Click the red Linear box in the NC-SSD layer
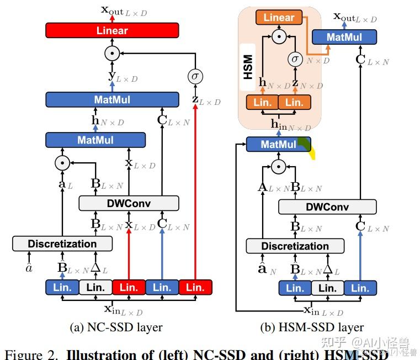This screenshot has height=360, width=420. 112,30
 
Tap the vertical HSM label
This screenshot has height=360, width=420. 248,66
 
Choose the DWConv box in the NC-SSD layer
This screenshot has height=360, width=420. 129,203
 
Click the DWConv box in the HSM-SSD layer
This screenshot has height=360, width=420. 327,207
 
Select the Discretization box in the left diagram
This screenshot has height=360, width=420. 62,243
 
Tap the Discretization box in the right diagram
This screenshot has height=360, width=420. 295,246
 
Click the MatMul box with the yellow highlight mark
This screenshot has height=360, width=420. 278,145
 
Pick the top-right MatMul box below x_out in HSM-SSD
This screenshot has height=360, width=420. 344,37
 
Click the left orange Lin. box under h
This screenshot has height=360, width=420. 262,102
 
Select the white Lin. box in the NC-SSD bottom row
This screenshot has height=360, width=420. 95,287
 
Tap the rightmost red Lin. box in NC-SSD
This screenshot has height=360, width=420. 195,287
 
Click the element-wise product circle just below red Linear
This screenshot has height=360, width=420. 112,54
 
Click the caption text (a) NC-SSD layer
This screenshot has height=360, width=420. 116,327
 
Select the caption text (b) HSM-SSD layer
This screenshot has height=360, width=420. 312,327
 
